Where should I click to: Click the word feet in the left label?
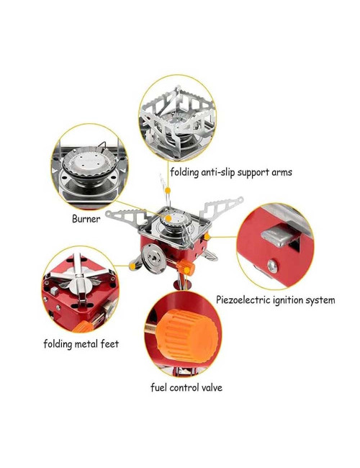[107, 343]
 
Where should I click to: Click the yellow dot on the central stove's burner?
[168, 217]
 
